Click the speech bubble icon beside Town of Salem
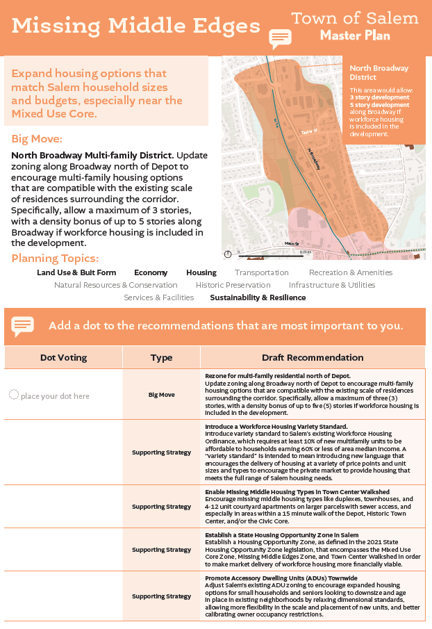click(279, 38)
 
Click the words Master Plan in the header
click(355, 35)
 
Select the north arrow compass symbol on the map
click(228, 254)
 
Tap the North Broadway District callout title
click(378, 72)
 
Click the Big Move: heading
click(37, 139)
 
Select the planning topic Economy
click(151, 272)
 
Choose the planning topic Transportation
click(261, 272)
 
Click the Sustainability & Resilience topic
click(258, 297)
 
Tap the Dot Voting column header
click(63, 357)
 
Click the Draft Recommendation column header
click(313, 357)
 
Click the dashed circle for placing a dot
click(13, 395)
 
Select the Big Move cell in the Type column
click(161, 395)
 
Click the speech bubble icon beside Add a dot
click(23, 326)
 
